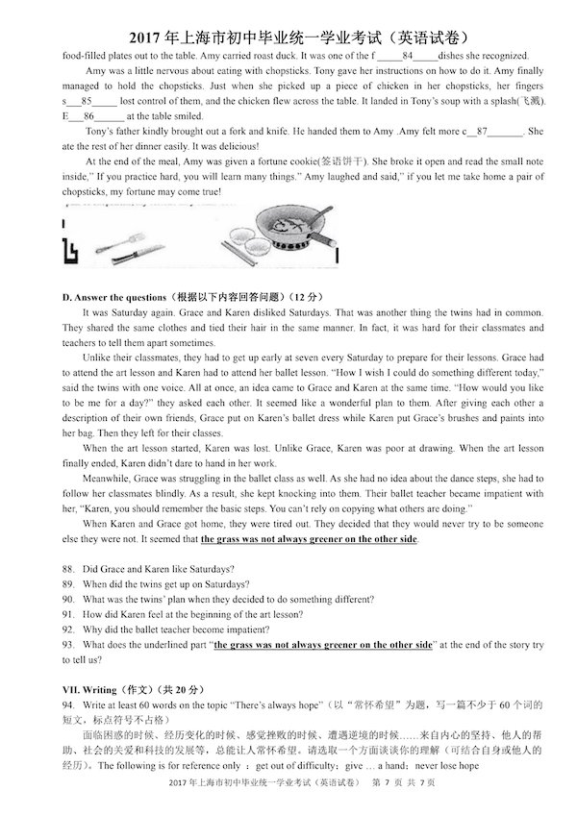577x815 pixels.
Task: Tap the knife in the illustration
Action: pyautogui.click(x=139, y=254)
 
